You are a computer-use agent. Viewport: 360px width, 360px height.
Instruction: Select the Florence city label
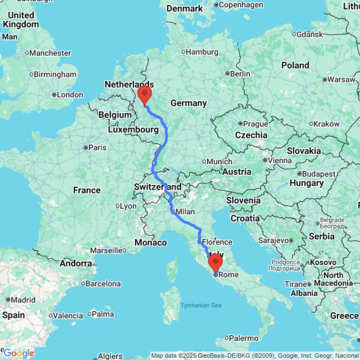(217, 242)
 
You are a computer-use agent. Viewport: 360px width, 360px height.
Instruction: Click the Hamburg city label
(197, 52)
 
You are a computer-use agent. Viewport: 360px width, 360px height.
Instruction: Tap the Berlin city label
(240, 73)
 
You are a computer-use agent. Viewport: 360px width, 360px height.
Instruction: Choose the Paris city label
(98, 147)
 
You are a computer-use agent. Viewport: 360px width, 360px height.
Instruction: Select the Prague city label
(255, 124)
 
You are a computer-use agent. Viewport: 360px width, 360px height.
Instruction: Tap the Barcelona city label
(103, 284)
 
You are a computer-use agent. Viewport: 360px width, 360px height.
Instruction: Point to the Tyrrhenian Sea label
(201, 306)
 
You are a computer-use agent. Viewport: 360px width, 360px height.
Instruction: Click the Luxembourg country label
(134, 129)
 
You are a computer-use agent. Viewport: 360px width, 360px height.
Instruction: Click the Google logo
(19, 353)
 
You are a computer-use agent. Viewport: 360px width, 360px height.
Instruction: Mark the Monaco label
(151, 243)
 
